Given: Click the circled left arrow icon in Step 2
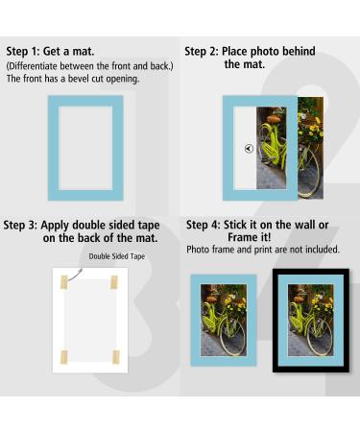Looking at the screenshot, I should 249,149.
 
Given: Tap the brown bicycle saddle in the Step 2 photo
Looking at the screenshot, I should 275,117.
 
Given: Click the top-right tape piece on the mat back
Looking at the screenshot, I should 112,283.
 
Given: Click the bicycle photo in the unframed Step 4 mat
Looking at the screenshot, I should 223,323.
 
